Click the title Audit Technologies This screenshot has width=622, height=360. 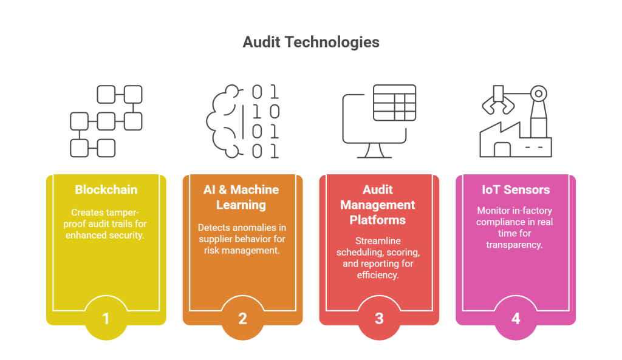310,42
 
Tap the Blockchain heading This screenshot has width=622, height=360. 106,190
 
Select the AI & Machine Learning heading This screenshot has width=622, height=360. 242,197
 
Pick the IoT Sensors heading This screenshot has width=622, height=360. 516,190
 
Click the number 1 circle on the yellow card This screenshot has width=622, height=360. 106,318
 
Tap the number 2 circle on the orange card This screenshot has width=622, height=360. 242,318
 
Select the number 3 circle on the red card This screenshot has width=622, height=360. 379,318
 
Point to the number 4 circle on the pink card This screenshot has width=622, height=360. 516,318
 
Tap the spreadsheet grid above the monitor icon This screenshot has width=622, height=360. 394,103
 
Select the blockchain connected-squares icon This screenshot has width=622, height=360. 106,121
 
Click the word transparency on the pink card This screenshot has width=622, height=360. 515,245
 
